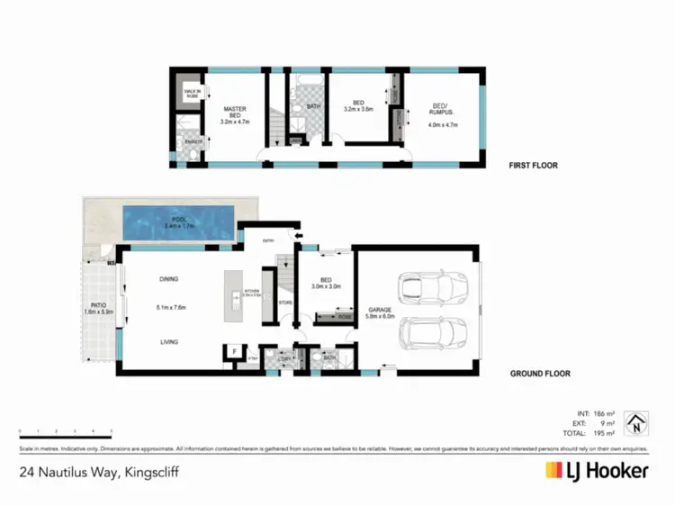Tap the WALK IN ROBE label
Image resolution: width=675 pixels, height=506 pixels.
(x=192, y=93)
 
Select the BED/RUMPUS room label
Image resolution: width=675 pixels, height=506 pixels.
(x=441, y=116)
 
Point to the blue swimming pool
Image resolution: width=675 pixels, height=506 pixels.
(x=177, y=222)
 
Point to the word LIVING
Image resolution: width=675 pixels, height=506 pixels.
(x=169, y=341)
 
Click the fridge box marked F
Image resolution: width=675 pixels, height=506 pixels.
(x=234, y=351)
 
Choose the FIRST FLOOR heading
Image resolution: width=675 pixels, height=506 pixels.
(x=534, y=166)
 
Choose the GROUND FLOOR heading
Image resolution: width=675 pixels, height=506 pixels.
(x=539, y=373)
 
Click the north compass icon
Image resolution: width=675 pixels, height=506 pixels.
(x=636, y=422)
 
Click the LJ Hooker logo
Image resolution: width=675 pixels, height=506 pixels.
(x=596, y=470)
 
